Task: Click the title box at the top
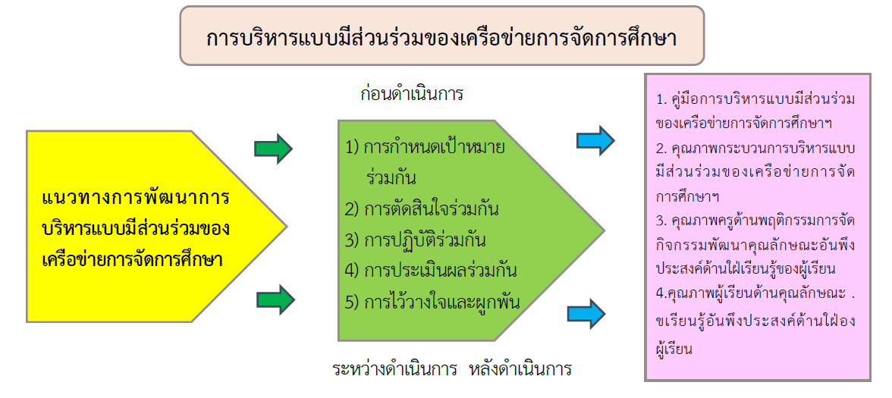[x=442, y=36]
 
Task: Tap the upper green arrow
[x=273, y=149]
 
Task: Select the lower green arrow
[x=276, y=299]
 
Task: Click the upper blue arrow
[x=595, y=140]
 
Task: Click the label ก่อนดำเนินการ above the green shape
[x=412, y=94]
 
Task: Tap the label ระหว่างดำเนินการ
[x=395, y=370]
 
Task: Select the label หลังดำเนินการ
[x=520, y=370]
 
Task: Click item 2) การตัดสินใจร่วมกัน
[x=422, y=210]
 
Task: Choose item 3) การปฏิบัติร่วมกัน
[x=416, y=240]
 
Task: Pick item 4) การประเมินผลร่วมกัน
[x=431, y=271]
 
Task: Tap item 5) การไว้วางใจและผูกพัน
[x=433, y=302]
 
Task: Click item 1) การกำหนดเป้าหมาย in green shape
[x=426, y=149]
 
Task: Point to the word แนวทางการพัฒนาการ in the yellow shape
[x=135, y=199]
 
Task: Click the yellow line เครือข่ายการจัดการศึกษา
[x=132, y=260]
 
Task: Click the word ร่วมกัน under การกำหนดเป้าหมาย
[x=392, y=179]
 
